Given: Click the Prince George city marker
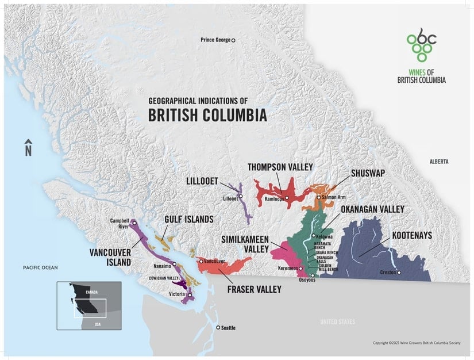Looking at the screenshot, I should pos(233,40).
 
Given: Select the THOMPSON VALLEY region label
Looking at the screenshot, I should pos(280,167).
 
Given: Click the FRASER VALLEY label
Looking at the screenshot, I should pos(253,289).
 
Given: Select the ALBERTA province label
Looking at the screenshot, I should pos(438,162).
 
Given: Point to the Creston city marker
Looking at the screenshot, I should pos(398,272).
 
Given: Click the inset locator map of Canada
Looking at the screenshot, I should pos(88,305).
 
